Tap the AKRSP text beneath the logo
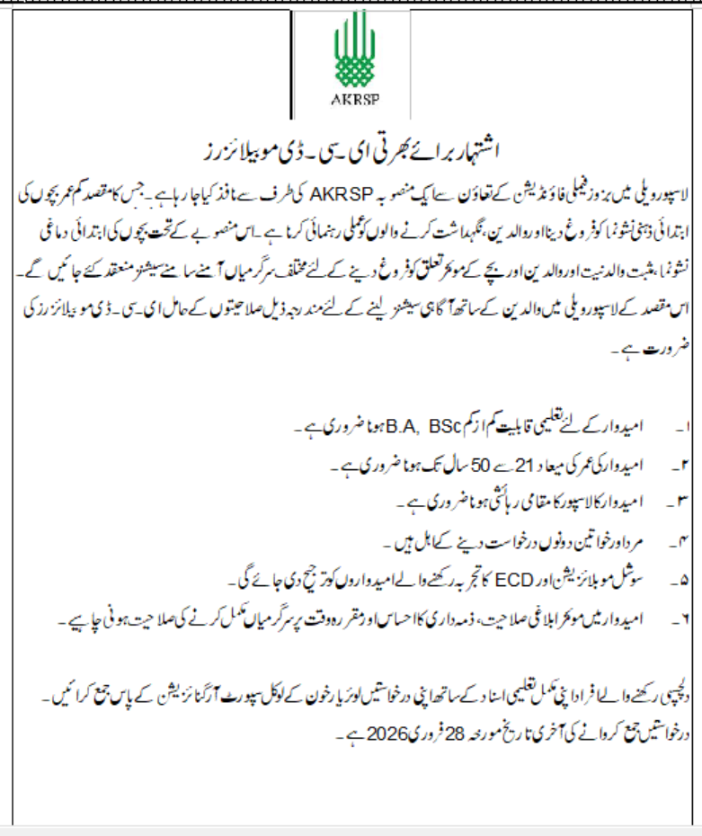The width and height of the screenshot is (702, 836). coord(351,99)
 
